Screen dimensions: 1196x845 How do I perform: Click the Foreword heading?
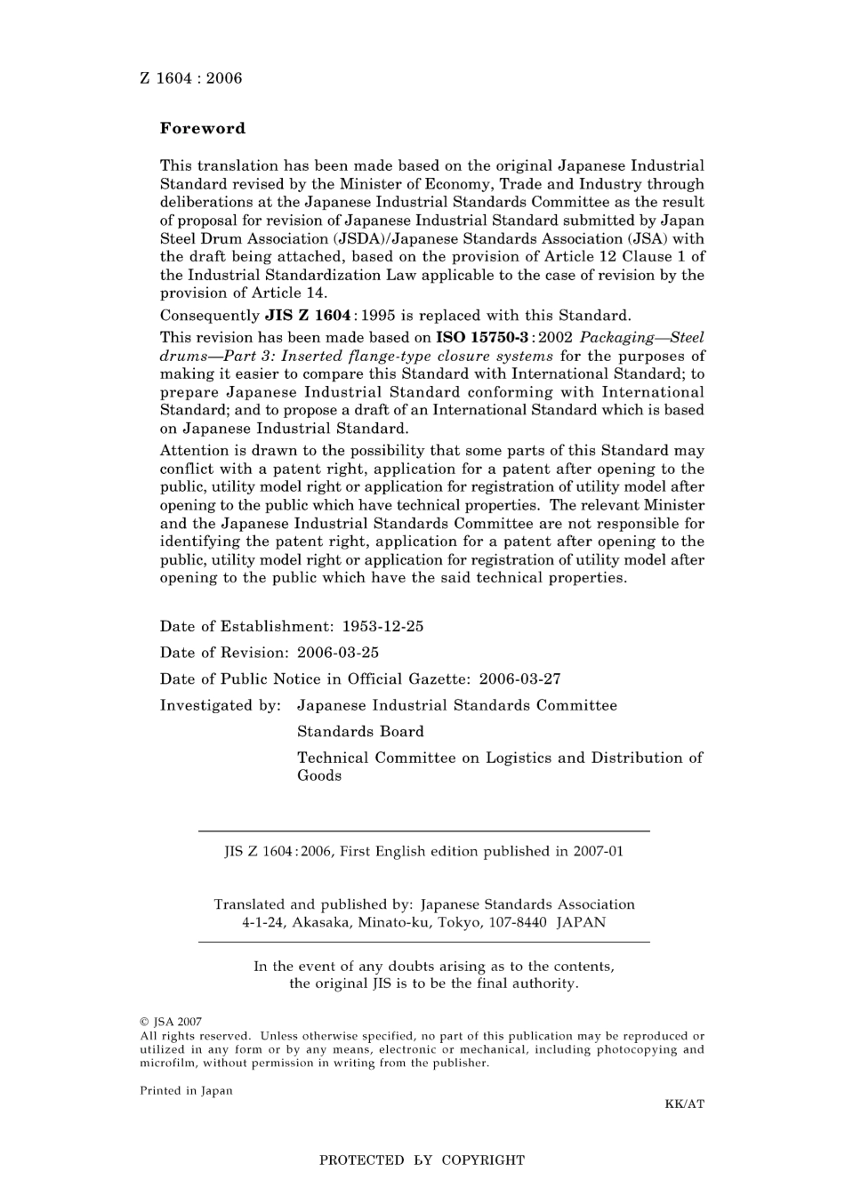(x=202, y=128)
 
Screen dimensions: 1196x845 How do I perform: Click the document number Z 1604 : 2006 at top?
(x=190, y=78)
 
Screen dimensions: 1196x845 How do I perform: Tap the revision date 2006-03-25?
(x=338, y=653)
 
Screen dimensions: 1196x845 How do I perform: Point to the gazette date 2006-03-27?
(x=519, y=679)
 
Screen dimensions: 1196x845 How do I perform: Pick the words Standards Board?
(x=360, y=732)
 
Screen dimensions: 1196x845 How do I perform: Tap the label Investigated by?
(x=220, y=705)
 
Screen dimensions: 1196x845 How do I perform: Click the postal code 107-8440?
(x=516, y=922)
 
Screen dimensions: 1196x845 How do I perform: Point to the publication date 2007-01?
(x=598, y=851)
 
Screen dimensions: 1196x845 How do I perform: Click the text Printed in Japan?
(x=186, y=1091)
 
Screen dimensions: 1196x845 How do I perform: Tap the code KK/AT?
(x=684, y=1104)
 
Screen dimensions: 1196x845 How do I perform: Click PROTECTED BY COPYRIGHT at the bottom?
(x=422, y=1160)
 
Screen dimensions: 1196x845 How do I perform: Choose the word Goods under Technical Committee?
(x=319, y=775)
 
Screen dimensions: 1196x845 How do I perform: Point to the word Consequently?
(x=210, y=316)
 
